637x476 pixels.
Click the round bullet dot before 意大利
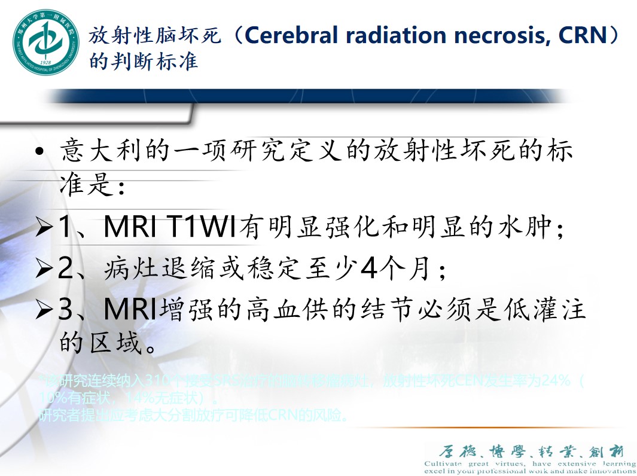39,154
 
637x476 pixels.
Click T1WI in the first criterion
203,227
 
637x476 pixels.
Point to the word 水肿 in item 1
529,228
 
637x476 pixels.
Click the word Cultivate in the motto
443,463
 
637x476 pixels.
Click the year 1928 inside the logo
45,62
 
